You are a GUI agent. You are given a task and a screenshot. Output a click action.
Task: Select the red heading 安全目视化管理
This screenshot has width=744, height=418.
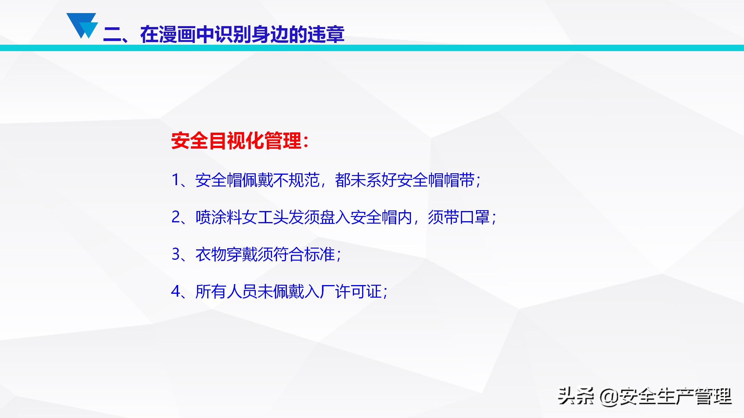click(236, 141)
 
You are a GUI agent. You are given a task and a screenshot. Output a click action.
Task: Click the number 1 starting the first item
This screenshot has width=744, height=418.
click(176, 180)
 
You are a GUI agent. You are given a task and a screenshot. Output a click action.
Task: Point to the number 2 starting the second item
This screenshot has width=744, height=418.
click(176, 217)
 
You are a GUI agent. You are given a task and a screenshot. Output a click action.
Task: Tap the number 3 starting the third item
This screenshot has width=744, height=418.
click(176, 254)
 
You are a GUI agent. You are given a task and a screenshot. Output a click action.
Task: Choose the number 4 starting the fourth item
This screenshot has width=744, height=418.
click(176, 291)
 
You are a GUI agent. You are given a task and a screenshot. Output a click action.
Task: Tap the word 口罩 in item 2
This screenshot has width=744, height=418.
click(474, 217)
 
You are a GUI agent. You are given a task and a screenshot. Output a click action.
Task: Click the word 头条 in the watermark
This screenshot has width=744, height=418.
click(575, 397)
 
